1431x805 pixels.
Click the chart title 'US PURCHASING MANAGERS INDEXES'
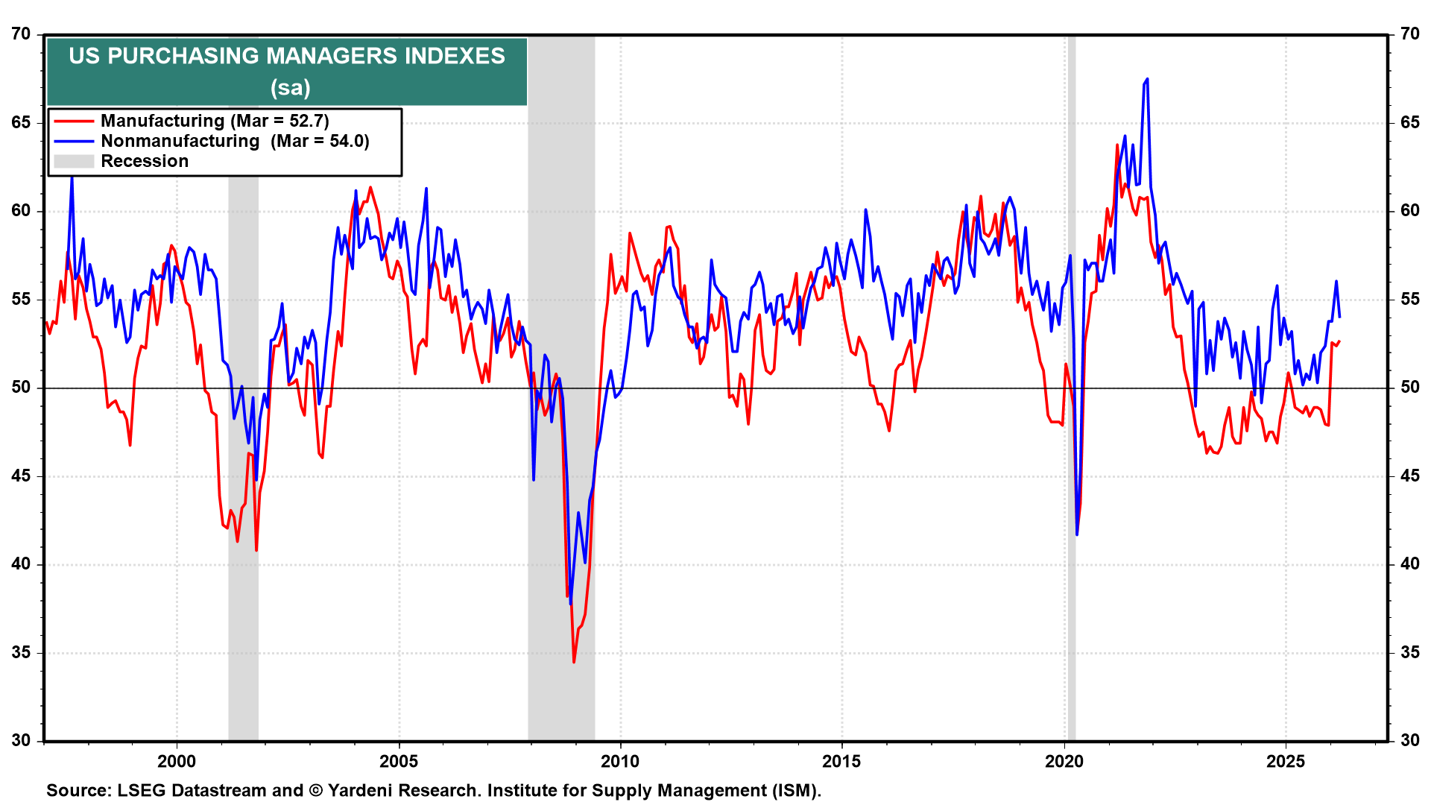coord(287,56)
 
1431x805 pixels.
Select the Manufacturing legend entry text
coord(215,121)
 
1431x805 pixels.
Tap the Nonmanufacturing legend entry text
coord(235,141)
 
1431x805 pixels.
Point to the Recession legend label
coord(145,161)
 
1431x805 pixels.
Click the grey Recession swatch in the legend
coord(74,161)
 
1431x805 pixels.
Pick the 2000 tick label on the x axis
coord(177,761)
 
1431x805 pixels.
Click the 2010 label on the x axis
coord(620,761)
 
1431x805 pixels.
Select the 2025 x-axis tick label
coord(1286,761)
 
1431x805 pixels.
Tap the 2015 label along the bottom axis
coord(841,761)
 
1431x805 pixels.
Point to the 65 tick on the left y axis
coord(21,122)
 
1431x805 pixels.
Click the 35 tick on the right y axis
coord(1409,652)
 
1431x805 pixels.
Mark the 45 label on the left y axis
coord(21,476)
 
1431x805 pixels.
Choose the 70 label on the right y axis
coord(1409,34)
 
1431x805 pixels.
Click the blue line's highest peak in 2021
coord(1146,79)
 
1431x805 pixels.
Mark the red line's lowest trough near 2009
coord(574,661)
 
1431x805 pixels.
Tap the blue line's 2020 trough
coord(1077,534)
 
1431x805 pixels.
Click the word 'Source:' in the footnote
coord(79,790)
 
